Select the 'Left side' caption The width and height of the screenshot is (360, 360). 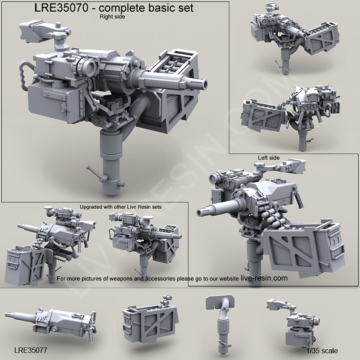[x=269, y=158]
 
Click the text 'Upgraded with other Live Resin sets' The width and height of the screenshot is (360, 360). [x=120, y=207]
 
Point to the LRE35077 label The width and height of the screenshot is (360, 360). [x=31, y=350]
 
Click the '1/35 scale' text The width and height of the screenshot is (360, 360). [x=322, y=350]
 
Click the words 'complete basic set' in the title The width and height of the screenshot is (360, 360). [x=152, y=8]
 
